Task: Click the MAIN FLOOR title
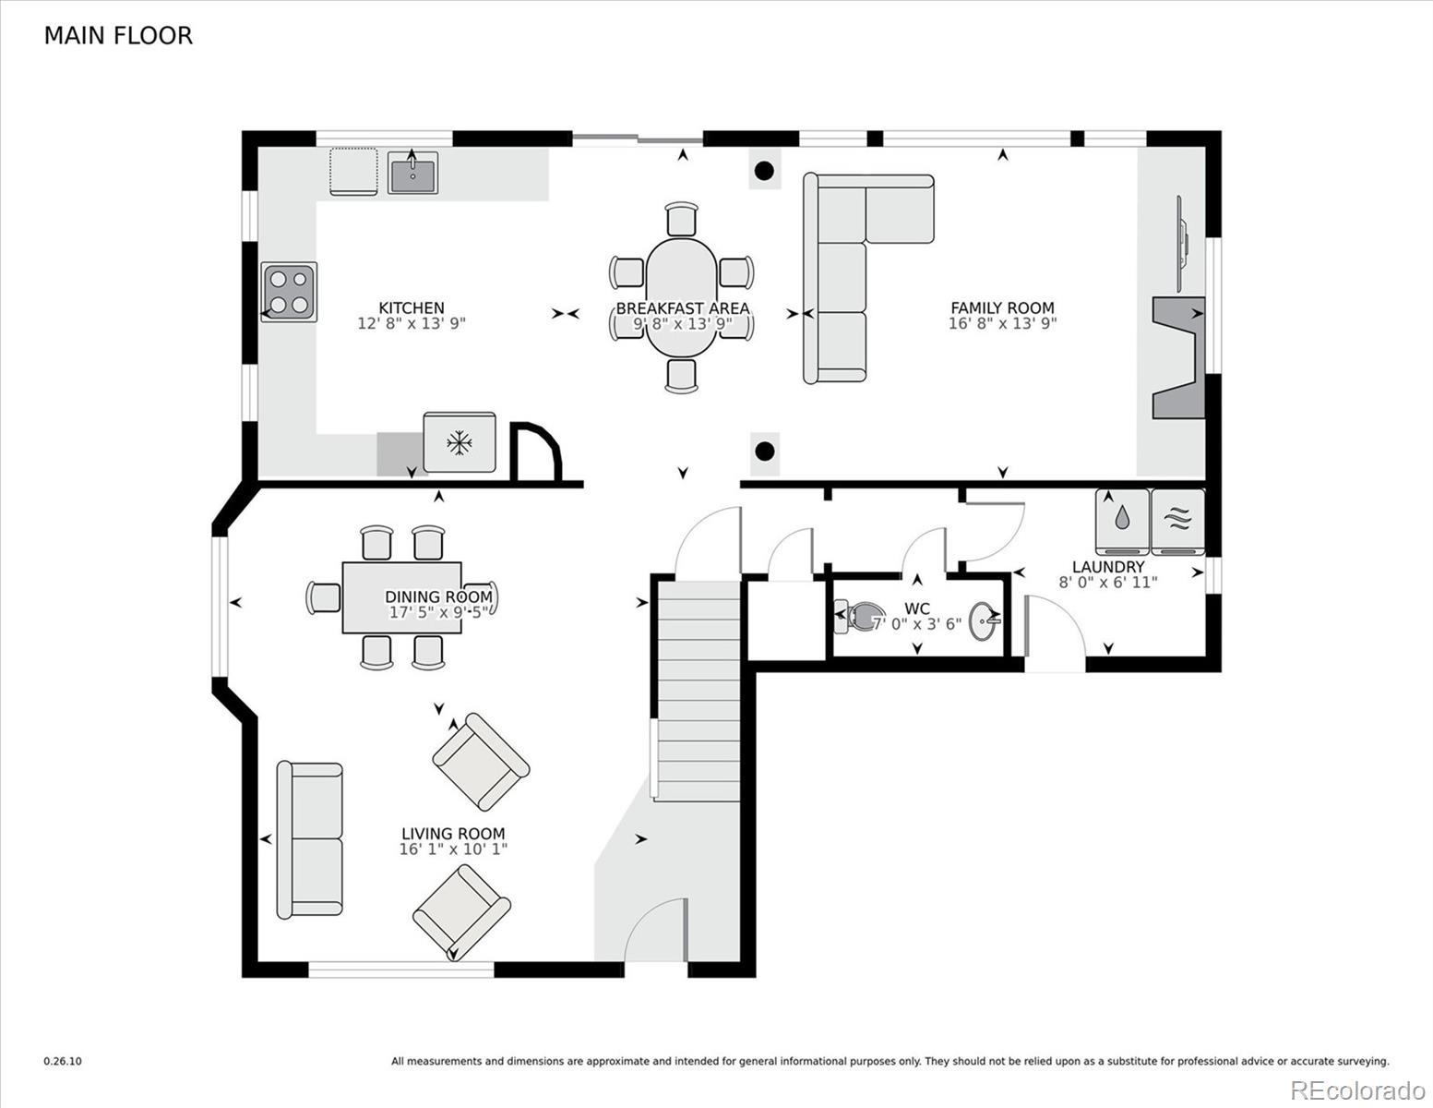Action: [x=118, y=36]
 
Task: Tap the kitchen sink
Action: [x=412, y=173]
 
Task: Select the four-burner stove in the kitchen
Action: [x=289, y=292]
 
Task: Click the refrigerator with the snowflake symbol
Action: [x=460, y=442]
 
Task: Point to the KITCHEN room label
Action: [x=412, y=307]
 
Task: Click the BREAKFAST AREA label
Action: [x=683, y=308]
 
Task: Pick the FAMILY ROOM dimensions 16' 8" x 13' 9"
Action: [x=1002, y=323]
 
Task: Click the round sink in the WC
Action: [x=984, y=620]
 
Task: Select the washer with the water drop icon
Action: [x=1122, y=522]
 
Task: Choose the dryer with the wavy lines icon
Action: [x=1177, y=522]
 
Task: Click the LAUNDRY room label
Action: [x=1108, y=567]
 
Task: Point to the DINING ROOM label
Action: [x=438, y=596]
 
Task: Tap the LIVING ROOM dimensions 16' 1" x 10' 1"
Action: [x=453, y=849]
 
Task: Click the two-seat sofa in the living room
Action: [x=309, y=839]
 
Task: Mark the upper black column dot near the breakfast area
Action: [x=764, y=171]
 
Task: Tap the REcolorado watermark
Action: [x=1357, y=1090]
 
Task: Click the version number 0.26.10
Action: [x=63, y=1061]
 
